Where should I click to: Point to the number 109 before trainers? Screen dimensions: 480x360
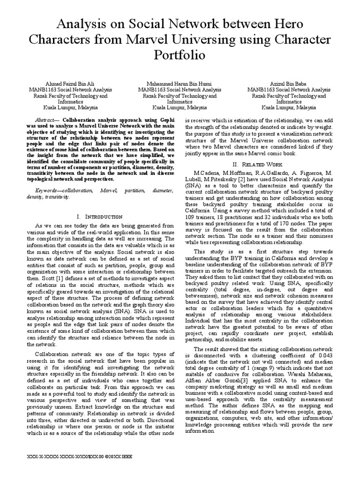193,218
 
